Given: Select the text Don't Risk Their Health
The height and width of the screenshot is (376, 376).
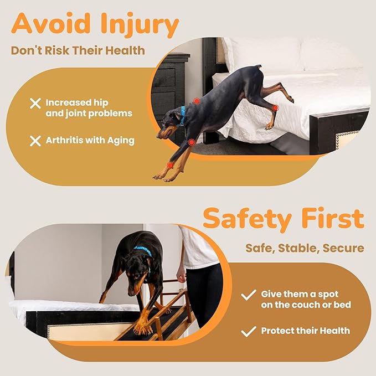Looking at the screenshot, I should pyautogui.click(x=78, y=51).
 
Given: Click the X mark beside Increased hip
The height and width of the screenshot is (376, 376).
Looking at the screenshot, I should pyautogui.click(x=35, y=103).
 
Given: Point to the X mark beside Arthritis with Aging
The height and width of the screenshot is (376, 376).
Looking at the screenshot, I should pyautogui.click(x=35, y=140).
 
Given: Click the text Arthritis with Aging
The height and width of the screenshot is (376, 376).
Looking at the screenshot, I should pyautogui.click(x=90, y=140).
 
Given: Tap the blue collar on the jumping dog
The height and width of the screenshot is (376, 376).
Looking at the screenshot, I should pyautogui.click(x=182, y=115).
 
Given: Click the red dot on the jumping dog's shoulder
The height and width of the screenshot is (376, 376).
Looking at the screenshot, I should pyautogui.click(x=196, y=101).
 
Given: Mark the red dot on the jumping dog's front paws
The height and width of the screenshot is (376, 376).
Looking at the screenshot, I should pyautogui.click(x=170, y=165).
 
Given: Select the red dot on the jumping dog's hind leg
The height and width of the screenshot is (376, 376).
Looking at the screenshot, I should pyautogui.click(x=275, y=107).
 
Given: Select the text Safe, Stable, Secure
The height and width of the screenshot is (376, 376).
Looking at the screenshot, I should pyautogui.click(x=305, y=248).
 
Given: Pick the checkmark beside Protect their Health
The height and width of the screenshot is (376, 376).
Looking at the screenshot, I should pyautogui.click(x=249, y=331).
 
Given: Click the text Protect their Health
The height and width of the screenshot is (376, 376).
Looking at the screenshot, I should pyautogui.click(x=306, y=331).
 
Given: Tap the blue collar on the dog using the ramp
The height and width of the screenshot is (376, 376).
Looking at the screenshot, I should pyautogui.click(x=143, y=250).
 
